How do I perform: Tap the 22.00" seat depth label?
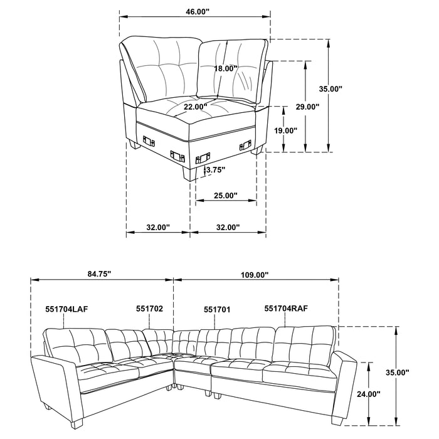196,107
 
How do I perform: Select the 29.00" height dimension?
308,107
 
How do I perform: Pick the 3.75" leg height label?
215,169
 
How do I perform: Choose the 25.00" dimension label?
226,196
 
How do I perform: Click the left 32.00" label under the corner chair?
157,228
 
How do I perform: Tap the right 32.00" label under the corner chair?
227,228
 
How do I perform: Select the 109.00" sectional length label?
254,274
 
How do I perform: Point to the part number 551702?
150,309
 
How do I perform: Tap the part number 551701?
217,309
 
